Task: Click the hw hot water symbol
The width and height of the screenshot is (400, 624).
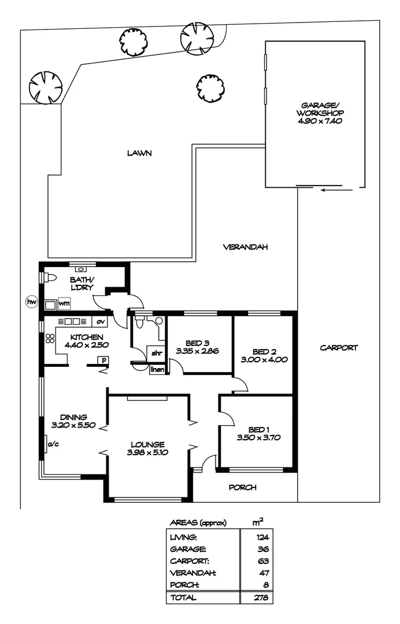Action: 31,302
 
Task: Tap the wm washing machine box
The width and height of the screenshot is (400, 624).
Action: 64,302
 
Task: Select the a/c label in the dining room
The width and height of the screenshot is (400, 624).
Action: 53,444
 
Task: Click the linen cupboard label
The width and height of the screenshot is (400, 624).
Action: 157,369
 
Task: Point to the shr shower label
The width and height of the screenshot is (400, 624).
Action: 156,352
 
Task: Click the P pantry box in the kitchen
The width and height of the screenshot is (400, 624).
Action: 103,361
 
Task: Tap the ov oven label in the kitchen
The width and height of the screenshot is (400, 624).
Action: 100,321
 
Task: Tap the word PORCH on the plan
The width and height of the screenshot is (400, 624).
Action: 242,487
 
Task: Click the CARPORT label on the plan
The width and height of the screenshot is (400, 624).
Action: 339,348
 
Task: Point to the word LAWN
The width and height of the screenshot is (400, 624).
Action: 139,153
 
